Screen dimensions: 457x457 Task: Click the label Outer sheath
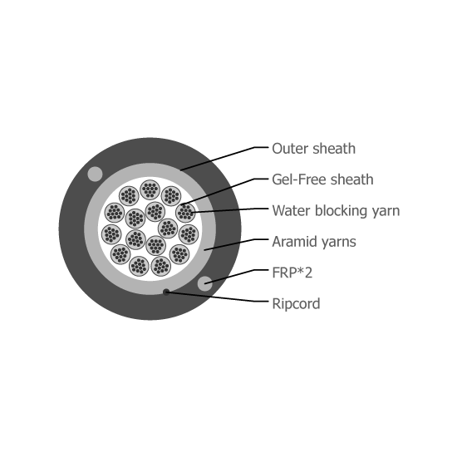(313, 149)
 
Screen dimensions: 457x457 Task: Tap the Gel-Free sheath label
(322, 179)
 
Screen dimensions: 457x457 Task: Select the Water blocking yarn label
(336, 211)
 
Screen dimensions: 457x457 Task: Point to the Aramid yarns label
(314, 242)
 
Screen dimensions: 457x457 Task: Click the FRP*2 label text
(292, 273)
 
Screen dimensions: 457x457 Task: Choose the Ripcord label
(296, 303)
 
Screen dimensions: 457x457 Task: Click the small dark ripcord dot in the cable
(166, 292)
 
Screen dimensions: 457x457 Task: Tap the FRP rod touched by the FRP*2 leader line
(205, 283)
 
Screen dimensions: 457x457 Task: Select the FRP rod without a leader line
(95, 174)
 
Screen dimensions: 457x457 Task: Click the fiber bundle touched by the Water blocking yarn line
(185, 213)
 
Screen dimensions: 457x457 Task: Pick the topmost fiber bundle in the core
(150, 189)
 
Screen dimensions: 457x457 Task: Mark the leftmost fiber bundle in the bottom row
(139, 266)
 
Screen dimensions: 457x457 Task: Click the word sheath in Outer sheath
(334, 149)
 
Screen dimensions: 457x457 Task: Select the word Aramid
(292, 242)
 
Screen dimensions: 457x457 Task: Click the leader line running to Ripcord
(217, 297)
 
